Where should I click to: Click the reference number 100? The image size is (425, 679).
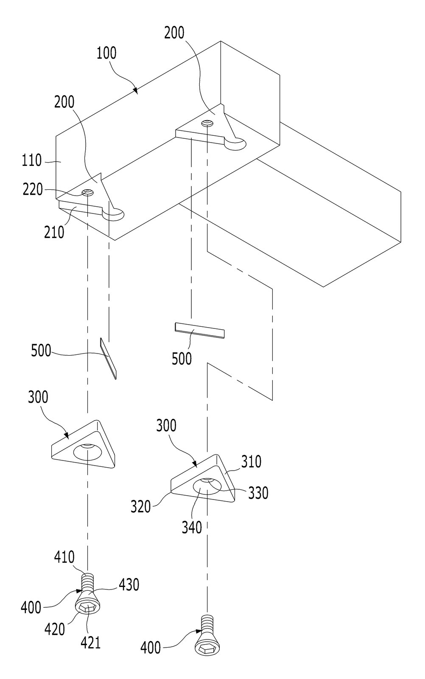coord(106,53)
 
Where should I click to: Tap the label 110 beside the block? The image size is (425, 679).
coord(31,160)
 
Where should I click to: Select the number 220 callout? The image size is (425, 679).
coord(33,189)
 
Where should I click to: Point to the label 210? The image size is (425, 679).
coord(54,233)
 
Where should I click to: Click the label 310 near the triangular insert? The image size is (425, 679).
coord(251,461)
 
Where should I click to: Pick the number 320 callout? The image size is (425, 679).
coord(140,507)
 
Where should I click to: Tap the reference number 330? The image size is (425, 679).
coord(258,493)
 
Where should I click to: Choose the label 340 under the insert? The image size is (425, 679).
coord(192,527)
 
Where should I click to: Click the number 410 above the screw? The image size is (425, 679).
coord(64,557)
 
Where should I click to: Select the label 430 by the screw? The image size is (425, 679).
coord(129,584)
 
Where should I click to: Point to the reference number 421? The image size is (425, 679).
coord(91,642)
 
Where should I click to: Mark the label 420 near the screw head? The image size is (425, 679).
coord(55,629)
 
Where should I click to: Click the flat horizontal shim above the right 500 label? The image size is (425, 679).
coord(200,330)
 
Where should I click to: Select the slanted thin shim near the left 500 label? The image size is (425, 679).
coord(108,358)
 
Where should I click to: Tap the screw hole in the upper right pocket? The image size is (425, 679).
coord(207,123)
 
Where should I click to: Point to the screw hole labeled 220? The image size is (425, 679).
coord(88,192)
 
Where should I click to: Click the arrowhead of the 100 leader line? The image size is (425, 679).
coord(135,91)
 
